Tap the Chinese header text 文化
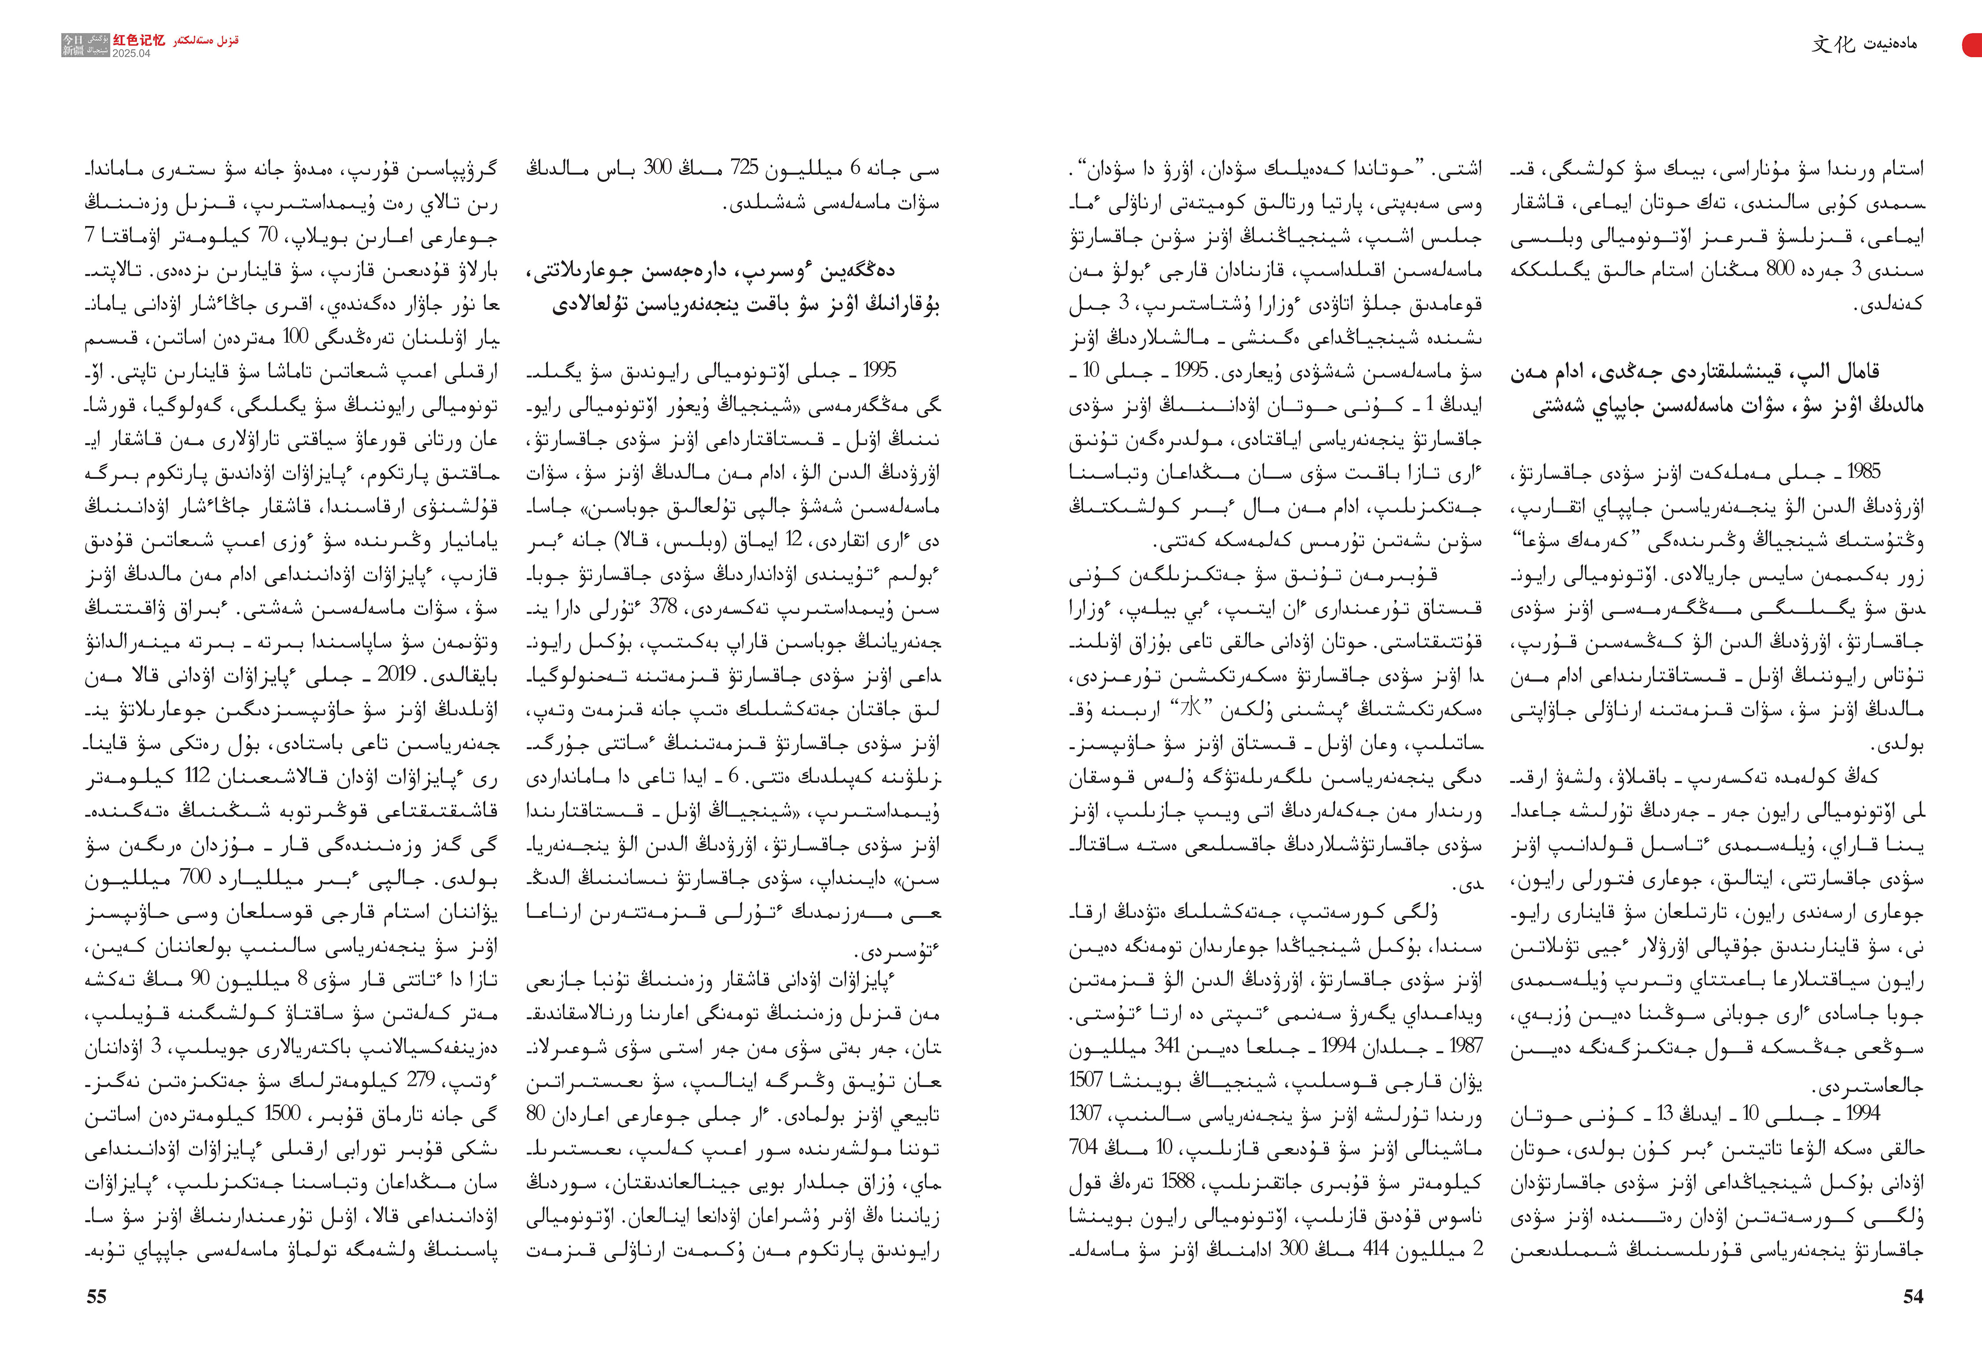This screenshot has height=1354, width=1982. tap(1833, 44)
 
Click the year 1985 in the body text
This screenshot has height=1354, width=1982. tap(1863, 471)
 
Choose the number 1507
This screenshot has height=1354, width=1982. tap(1087, 1080)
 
